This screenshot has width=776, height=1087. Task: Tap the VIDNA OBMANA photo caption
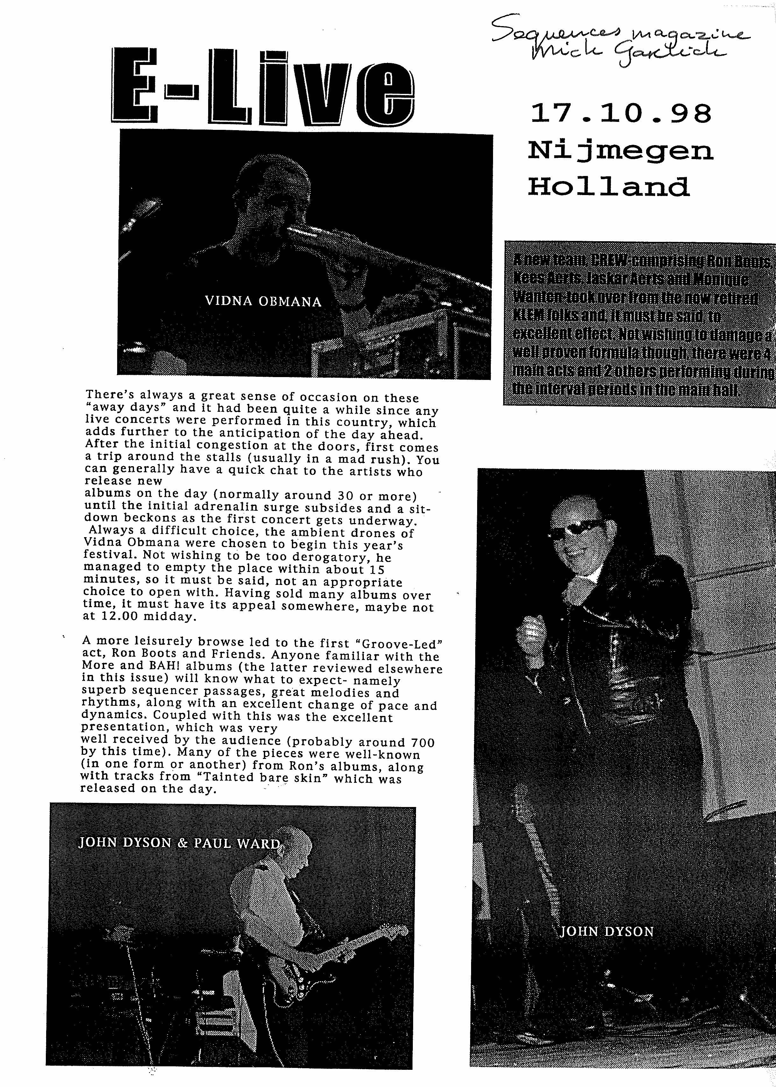pyautogui.click(x=263, y=301)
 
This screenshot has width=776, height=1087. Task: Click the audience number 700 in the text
pyautogui.click(x=422, y=743)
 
